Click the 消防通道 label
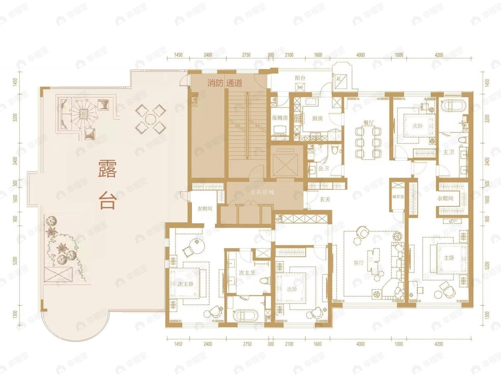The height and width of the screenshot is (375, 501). point(225,83)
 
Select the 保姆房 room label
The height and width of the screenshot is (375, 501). point(280,118)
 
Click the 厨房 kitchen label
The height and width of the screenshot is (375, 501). point(317,118)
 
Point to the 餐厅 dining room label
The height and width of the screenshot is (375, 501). point(369,123)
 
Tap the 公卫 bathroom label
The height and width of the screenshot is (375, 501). point(323,169)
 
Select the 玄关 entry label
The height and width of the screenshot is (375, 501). point(325,199)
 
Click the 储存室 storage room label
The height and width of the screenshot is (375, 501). point(398,197)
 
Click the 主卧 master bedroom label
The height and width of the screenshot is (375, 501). point(449,258)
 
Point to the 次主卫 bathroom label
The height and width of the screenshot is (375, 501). point(247,273)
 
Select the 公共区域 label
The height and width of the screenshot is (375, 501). point(262,192)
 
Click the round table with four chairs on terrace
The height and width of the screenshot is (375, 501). point(150,119)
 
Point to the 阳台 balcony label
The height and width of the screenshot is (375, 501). point(300,78)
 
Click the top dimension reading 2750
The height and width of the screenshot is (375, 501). point(246,55)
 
